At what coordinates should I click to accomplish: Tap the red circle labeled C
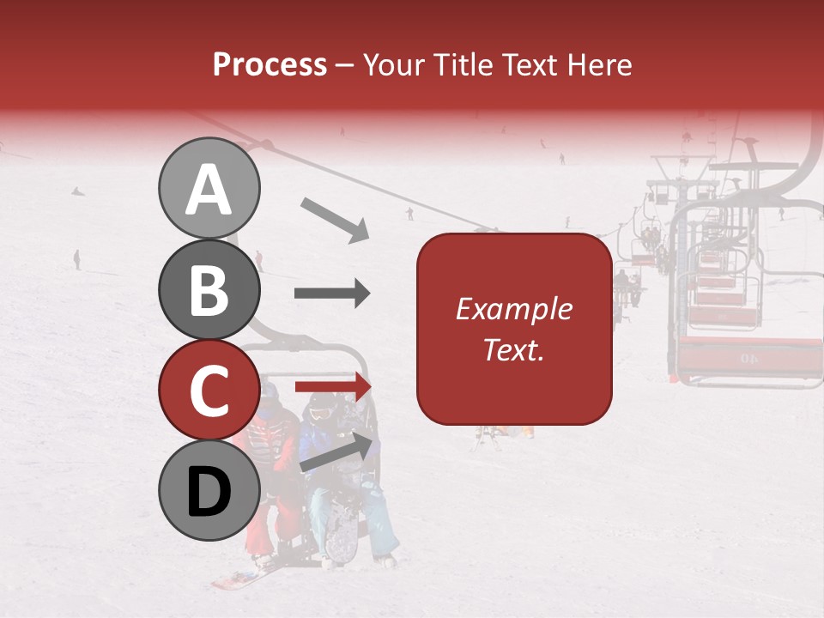[x=209, y=390]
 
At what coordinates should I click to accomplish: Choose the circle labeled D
[x=209, y=490]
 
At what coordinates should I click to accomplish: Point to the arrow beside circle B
[x=332, y=294]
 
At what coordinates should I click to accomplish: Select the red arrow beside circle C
[x=333, y=386]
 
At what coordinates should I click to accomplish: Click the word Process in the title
[x=270, y=64]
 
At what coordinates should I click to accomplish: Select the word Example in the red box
[x=513, y=309]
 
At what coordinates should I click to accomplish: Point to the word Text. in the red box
[x=513, y=349]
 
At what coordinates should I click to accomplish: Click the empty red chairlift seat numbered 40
[x=747, y=354]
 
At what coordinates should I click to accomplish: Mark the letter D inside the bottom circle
[x=209, y=491]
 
